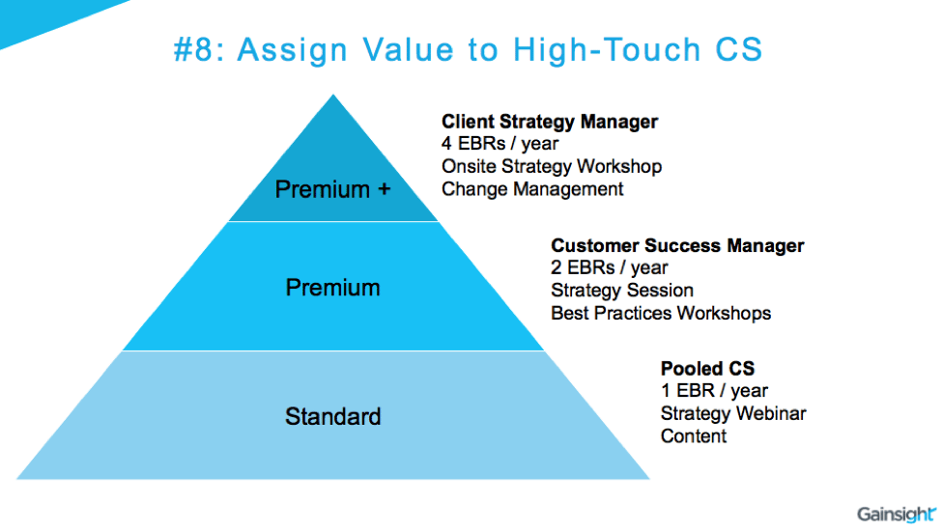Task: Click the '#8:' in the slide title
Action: point(199,49)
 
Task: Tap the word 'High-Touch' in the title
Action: point(607,50)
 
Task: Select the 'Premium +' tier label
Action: point(332,189)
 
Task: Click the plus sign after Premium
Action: point(384,189)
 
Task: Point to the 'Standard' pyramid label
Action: point(332,416)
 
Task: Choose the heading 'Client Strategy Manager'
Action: point(550,122)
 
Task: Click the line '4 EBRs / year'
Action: point(500,144)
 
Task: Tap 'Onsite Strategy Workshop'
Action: point(552,166)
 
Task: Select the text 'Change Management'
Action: point(532,189)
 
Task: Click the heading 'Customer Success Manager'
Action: point(677,245)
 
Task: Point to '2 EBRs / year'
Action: point(610,267)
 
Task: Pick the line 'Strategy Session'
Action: point(622,291)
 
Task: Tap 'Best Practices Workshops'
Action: point(661,313)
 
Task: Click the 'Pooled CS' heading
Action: point(707,369)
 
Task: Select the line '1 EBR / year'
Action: point(714,391)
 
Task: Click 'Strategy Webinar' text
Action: point(733,413)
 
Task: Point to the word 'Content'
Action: point(694,436)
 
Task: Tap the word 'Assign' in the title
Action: point(293,50)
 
